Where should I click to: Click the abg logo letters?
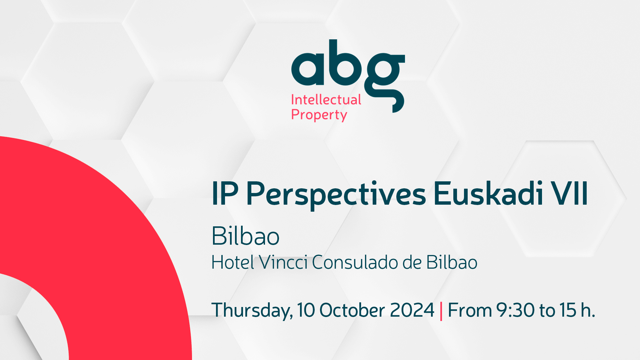tap(348, 76)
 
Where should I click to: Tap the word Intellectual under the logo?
tap(326, 100)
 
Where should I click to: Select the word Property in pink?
tap(319, 115)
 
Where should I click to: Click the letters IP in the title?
tap(225, 194)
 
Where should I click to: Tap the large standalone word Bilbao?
tap(245, 236)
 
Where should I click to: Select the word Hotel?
tap(233, 262)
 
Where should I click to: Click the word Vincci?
tap(283, 262)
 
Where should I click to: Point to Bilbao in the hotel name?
tap(452, 262)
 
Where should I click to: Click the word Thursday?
tap(252, 311)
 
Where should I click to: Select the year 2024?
tap(412, 310)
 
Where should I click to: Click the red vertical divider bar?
tap(441, 311)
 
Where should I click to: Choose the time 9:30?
tap(516, 310)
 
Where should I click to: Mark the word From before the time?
tap(470, 310)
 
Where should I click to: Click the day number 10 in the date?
tap(306, 310)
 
